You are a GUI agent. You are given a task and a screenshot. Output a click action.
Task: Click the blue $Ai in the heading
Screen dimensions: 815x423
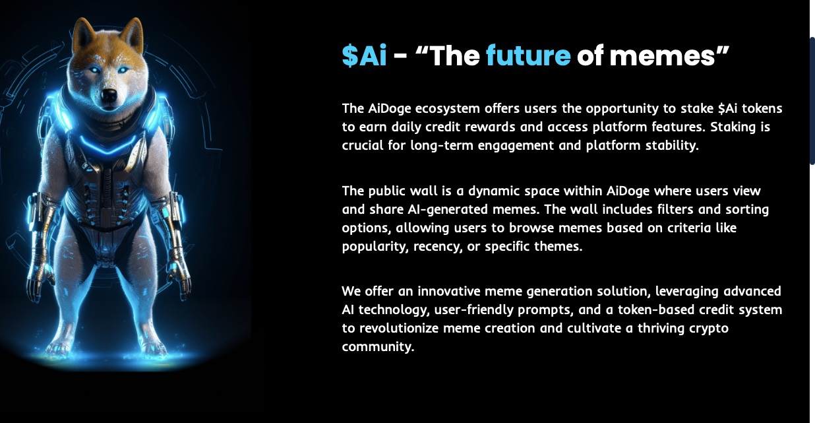click(364, 55)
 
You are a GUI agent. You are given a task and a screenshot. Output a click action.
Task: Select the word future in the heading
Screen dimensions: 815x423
click(528, 55)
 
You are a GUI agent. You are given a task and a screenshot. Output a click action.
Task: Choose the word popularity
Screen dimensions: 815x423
click(375, 246)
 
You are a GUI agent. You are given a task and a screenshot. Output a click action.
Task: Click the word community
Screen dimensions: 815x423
click(378, 347)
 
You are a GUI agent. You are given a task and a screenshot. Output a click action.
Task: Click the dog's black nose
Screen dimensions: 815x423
click(109, 95)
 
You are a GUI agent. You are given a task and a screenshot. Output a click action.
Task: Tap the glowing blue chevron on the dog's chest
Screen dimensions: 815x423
click(108, 145)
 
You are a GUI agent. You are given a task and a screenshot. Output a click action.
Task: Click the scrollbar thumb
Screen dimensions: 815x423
click(812, 101)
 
